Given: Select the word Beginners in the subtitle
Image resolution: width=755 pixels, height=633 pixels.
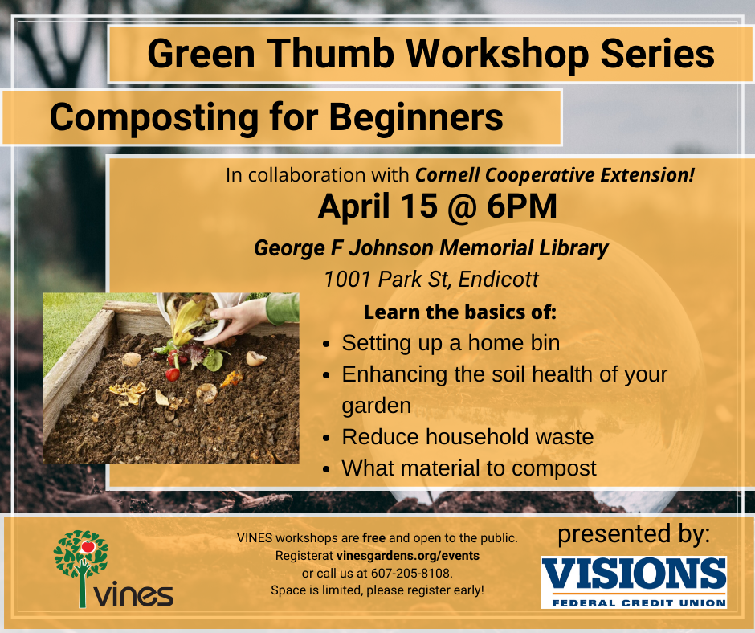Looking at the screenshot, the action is coord(416,116).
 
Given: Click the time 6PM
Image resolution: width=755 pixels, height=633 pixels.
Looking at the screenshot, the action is coord(521,206).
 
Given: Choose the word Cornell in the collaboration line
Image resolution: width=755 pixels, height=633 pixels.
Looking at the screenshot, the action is coord(447,174).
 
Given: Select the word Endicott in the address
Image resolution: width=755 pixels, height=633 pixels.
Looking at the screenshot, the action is coord(498,279).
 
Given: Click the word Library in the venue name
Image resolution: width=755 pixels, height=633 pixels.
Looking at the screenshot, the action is coord(573,248).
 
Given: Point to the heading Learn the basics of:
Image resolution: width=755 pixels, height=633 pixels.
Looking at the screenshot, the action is coord(460,312).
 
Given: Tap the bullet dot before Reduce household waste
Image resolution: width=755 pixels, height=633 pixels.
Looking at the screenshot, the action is coord(326,439).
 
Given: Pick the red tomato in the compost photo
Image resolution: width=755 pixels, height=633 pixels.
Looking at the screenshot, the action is coord(173,374).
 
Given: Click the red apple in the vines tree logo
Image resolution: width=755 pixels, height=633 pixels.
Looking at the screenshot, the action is coord(88,547).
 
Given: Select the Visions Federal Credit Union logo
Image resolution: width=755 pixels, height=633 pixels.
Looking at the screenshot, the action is coord(634,582).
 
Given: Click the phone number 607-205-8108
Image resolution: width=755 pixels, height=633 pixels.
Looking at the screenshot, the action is coord(411,574).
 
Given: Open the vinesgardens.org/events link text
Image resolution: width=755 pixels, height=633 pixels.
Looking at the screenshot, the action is coord(408,556).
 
